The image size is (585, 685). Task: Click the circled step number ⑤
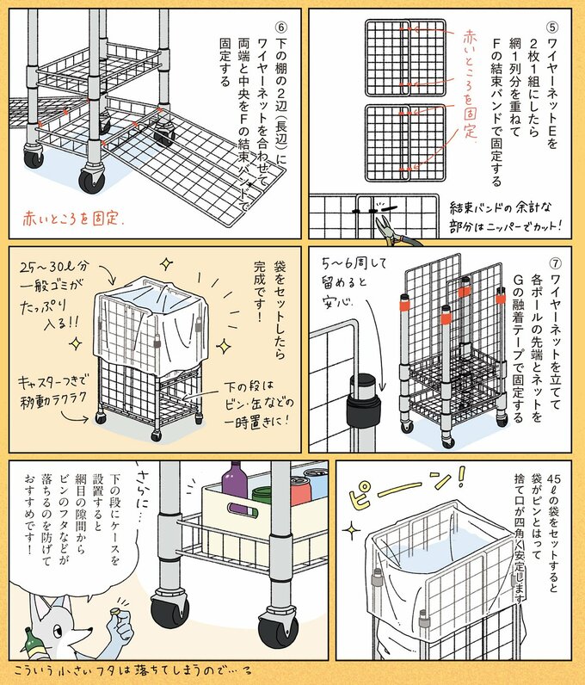coord(552,27)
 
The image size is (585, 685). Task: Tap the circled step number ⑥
coord(280,24)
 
